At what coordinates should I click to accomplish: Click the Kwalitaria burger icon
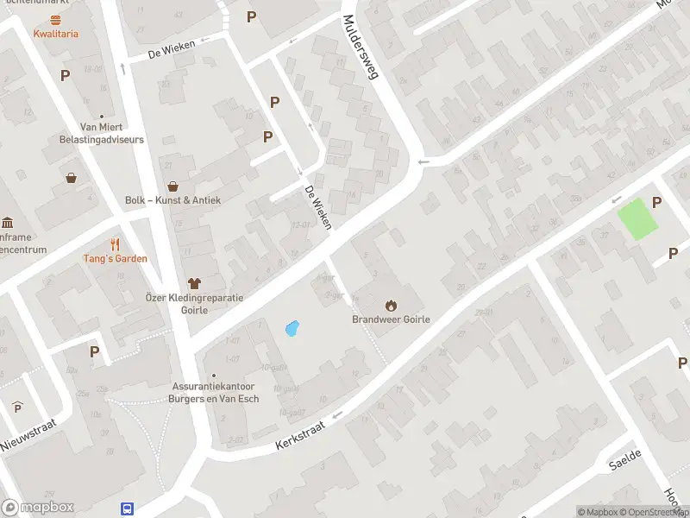click(x=56, y=19)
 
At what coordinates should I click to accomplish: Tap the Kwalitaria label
click(x=56, y=34)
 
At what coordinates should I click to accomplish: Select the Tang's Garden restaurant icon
click(x=115, y=244)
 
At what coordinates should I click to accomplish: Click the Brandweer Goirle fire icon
click(x=391, y=305)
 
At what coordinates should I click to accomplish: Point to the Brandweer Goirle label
click(x=391, y=319)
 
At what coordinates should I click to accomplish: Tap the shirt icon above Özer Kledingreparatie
click(x=194, y=282)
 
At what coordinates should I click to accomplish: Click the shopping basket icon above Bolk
click(x=173, y=186)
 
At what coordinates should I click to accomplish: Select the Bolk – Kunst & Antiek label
click(x=173, y=200)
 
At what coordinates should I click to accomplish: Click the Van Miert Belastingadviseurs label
click(x=101, y=133)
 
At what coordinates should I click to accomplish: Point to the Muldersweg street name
click(x=361, y=47)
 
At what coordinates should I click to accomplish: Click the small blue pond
click(x=292, y=329)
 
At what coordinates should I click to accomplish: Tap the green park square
click(x=637, y=218)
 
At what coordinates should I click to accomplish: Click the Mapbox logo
click(x=38, y=508)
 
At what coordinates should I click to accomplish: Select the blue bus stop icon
click(x=128, y=509)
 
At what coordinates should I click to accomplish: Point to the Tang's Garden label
click(x=115, y=258)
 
